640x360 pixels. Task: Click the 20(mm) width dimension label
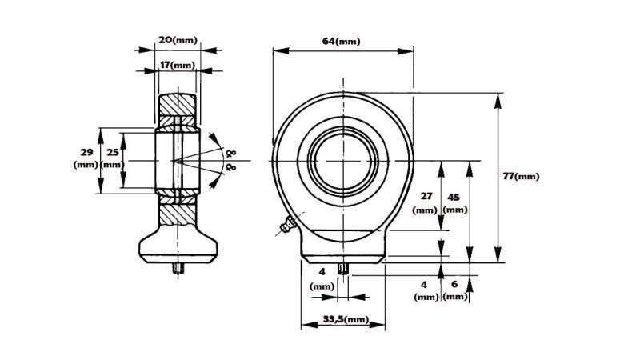177,39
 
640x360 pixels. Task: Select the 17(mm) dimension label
177,64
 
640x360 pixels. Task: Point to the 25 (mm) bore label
113,158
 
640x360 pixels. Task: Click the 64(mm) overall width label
342,41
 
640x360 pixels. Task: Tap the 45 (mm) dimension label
454,202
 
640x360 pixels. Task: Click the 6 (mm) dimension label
454,290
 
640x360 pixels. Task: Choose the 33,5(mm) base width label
344,320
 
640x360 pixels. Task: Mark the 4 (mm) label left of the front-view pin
322,279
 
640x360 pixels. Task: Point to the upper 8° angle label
232,152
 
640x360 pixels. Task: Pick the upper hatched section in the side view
177,104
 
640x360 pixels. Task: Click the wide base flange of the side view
177,246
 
